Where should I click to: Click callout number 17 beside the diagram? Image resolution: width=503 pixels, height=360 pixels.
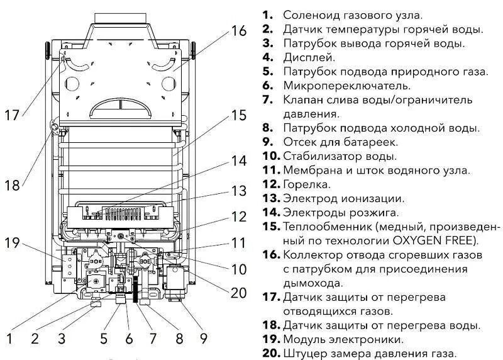point(12,115)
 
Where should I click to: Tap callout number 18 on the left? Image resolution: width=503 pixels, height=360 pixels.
point(12,185)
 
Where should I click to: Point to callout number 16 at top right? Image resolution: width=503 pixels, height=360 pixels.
point(239,30)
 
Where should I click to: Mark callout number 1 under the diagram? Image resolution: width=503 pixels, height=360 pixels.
point(9,339)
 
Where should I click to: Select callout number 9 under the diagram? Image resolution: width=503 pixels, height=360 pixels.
point(203,339)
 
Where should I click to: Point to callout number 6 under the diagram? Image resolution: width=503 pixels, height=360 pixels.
point(129,339)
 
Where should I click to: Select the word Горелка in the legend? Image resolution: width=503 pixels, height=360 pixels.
point(307,184)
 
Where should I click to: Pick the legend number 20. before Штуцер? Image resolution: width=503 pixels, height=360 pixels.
point(270,354)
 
